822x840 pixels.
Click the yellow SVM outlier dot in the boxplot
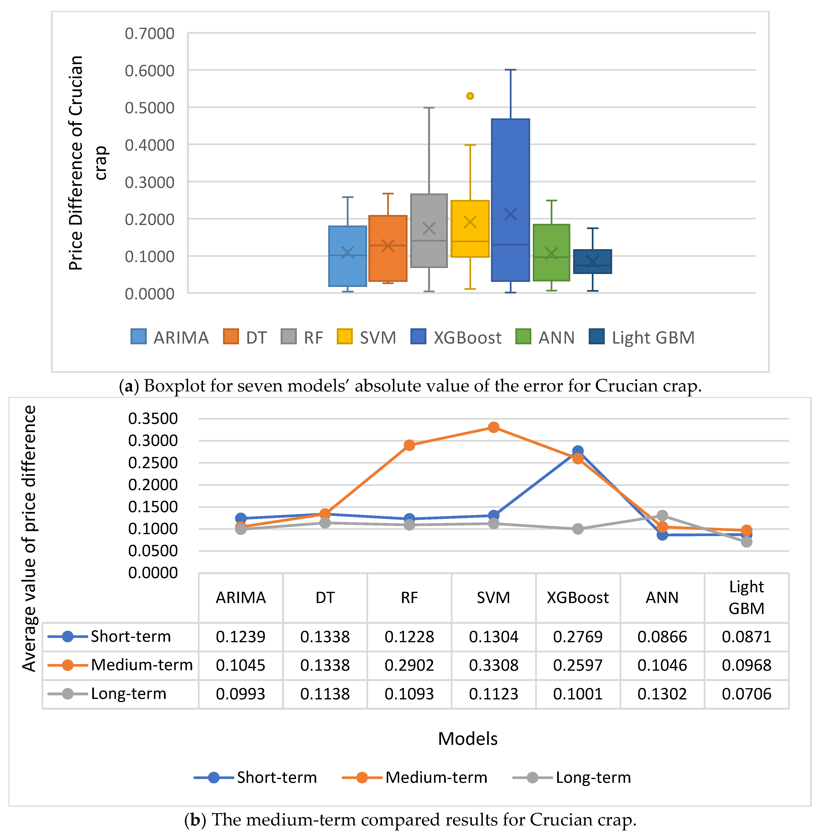click(470, 96)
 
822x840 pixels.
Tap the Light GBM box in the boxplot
click(592, 261)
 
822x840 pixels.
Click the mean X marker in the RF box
click(429, 228)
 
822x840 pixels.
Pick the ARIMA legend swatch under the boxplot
click(138, 337)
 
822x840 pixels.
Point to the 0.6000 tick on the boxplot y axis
click(149, 70)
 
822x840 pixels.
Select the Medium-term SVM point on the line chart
click(493, 427)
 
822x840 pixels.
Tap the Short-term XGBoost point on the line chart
click(578, 451)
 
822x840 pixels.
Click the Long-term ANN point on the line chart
click(662, 515)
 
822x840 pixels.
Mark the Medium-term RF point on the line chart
click(409, 445)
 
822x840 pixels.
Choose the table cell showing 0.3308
click(493, 665)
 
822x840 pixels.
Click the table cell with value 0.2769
click(578, 637)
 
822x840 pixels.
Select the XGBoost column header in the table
click(578, 598)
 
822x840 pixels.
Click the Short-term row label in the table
click(130, 637)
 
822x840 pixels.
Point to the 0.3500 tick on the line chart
click(153, 418)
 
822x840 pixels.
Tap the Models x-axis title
click(468, 739)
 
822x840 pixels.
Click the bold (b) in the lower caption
click(195, 819)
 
